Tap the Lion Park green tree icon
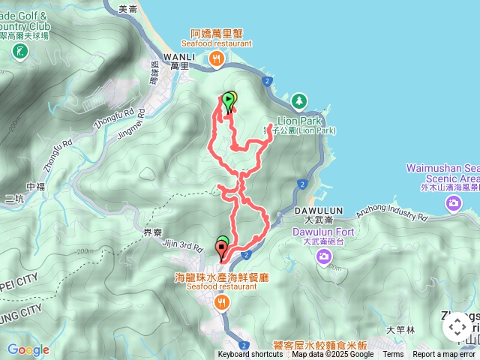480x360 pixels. (299, 100)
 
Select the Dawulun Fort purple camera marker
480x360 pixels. (324, 257)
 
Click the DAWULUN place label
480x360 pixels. (324, 211)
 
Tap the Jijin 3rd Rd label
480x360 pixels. (182, 245)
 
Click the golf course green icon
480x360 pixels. (20, 52)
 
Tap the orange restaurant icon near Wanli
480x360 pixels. (216, 58)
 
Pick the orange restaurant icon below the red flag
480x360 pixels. (221, 303)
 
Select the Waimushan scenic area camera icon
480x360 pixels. (453, 205)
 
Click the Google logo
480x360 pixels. (28, 349)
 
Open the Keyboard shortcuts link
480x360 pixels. (250, 355)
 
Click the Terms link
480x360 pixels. (393, 355)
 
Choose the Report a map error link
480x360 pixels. (444, 355)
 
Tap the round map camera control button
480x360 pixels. (457, 326)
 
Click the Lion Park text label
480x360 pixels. (300, 120)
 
